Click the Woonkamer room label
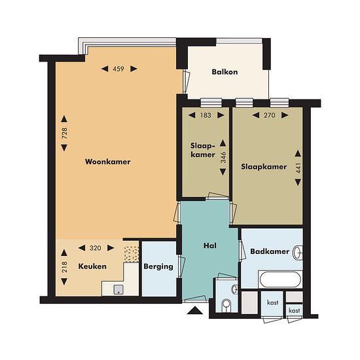coord(108,162)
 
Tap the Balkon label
coord(225,72)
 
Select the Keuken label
coord(92,266)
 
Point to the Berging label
coord(158,266)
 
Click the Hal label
coord(210,245)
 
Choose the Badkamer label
coord(270,251)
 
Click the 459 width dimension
coord(118,69)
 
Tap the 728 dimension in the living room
coord(65,134)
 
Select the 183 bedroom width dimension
coord(206,115)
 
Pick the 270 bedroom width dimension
coord(269,115)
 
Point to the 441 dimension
coord(298,168)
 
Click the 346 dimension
coord(223,158)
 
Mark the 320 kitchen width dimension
coord(96,248)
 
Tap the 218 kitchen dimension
coord(65,267)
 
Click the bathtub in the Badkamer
coord(280,279)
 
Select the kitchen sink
coord(118,290)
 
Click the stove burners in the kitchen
coord(132,255)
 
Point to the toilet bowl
coord(226,305)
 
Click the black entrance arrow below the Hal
coord(195,310)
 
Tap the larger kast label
coord(272,302)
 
